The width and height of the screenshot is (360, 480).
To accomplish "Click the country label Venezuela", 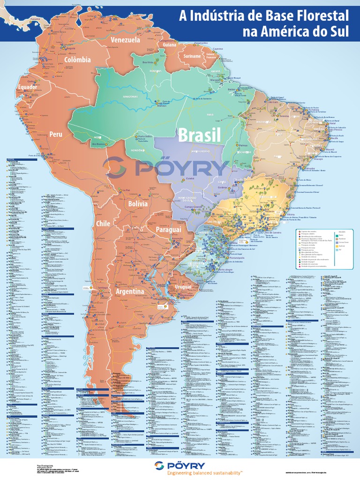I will [125, 40].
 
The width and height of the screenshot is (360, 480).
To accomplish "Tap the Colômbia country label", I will [78, 60].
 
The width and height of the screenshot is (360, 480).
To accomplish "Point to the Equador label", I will [27, 88].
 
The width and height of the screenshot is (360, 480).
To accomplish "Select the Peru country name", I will [56, 134].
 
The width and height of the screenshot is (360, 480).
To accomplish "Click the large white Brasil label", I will [199, 135].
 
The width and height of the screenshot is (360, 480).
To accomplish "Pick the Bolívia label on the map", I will [138, 204].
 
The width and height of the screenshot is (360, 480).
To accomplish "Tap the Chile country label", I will [103, 224].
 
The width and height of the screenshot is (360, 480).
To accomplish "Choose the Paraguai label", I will [169, 230].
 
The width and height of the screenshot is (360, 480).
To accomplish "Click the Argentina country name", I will [130, 292].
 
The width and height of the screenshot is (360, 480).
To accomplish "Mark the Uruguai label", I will [183, 286].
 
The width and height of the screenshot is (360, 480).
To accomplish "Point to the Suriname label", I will [192, 56].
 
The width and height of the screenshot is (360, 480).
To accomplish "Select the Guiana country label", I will [170, 45].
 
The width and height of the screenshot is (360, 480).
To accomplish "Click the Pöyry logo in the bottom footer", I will [180, 465].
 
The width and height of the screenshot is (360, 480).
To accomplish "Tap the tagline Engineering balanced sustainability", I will [204, 474].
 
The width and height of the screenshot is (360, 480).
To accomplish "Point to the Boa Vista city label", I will [148, 62].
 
